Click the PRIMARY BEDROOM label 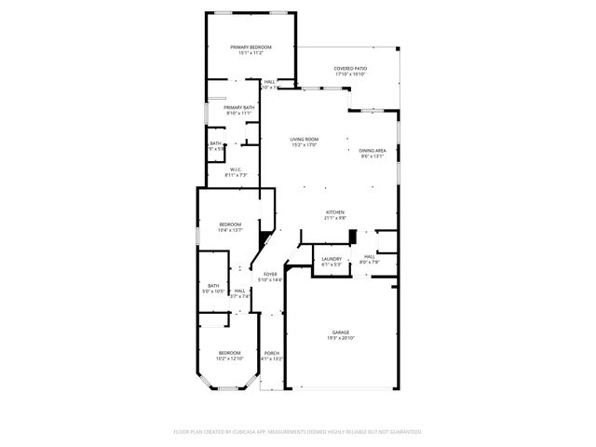tap(251, 47)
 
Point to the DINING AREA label tap(372, 151)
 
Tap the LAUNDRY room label tap(332, 258)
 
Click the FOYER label tap(270, 274)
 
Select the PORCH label tap(272, 352)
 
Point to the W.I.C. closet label tap(237, 169)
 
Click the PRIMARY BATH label tap(238, 107)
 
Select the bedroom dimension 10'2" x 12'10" tap(230, 358)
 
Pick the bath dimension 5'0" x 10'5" tap(213, 291)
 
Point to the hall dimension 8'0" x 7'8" tap(369, 262)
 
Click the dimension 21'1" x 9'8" tap(335, 218)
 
